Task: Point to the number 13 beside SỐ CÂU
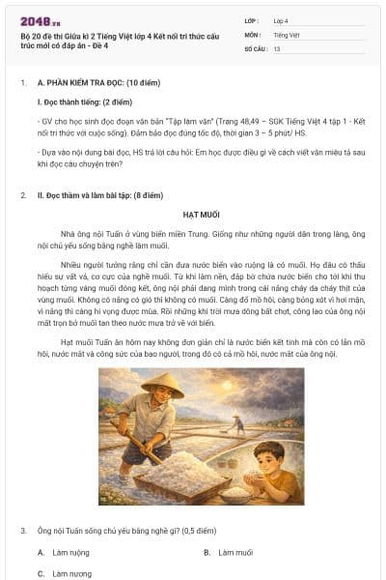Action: (x=277, y=47)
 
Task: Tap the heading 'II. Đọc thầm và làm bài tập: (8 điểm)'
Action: (x=111, y=195)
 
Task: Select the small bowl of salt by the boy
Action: (x=236, y=493)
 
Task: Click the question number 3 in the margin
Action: (x=23, y=531)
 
